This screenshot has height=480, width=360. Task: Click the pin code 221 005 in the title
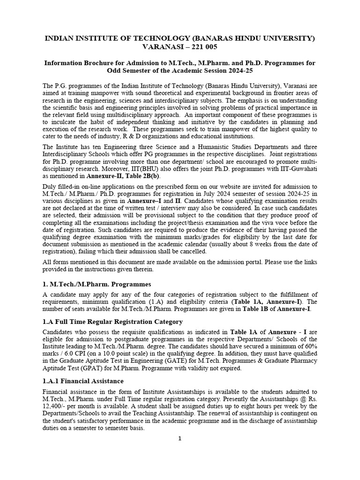click(203, 47)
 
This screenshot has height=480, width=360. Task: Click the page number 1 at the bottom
click(180, 439)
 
